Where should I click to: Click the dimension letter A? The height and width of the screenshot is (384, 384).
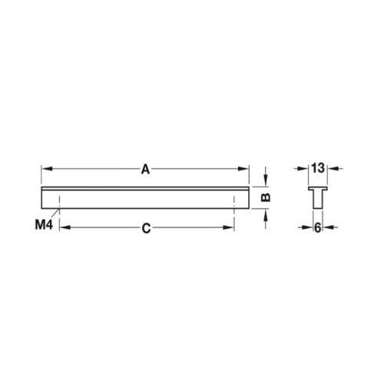[x=145, y=170]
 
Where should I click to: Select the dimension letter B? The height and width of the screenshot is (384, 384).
[x=265, y=198]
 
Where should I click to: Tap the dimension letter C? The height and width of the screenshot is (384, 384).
[x=146, y=228]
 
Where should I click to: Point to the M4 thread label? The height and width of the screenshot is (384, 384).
[x=43, y=225]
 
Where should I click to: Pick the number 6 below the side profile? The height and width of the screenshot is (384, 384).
[x=317, y=228]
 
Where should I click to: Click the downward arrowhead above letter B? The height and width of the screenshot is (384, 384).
[x=265, y=181]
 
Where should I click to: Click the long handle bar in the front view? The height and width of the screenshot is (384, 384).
[x=145, y=197]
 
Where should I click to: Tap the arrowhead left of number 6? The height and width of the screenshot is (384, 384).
[x=309, y=228]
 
